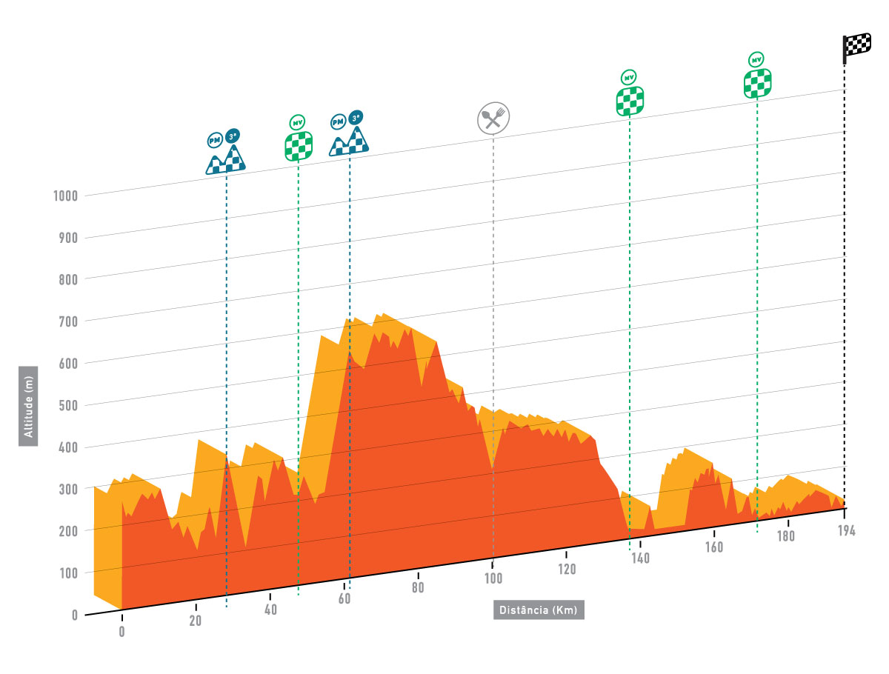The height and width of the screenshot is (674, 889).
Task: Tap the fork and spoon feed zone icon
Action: (493, 118)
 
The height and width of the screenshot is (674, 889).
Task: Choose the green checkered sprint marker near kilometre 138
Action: (630, 100)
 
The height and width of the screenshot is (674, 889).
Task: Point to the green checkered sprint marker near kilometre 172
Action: (757, 83)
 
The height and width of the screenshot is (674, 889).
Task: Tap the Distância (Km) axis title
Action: (539, 610)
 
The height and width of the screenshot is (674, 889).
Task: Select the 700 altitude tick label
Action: (70, 321)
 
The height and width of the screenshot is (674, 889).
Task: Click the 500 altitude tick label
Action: (70, 405)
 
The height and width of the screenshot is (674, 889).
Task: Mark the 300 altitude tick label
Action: (70, 490)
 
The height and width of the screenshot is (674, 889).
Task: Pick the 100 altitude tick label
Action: (70, 573)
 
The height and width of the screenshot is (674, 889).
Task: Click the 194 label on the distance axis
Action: (846, 530)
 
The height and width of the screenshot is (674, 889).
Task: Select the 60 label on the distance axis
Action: (344, 598)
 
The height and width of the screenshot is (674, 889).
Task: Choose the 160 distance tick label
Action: (714, 548)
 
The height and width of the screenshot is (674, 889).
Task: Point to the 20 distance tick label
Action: (196, 621)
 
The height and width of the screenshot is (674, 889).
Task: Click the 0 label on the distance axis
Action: (121, 633)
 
